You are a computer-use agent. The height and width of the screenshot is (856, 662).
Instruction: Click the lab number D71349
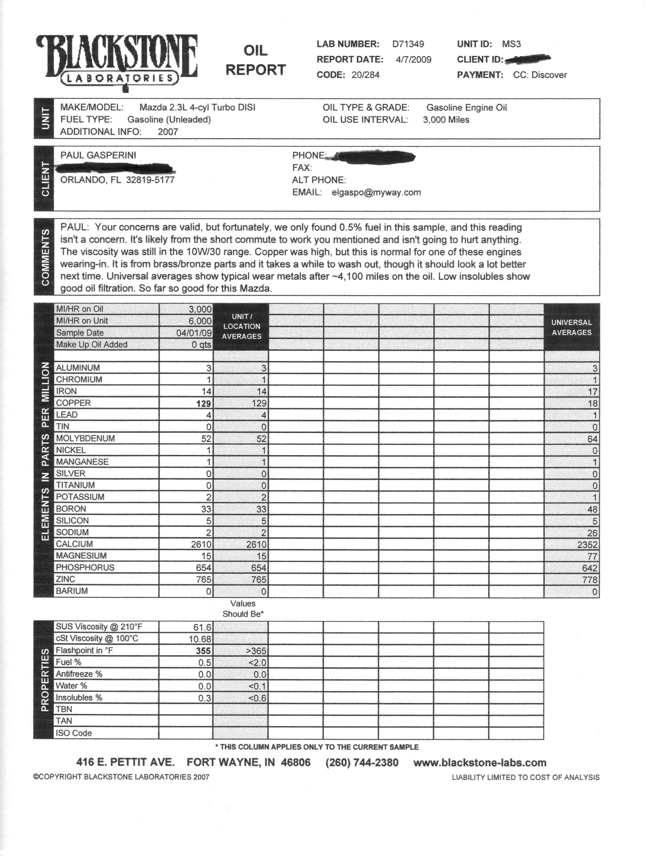(408, 44)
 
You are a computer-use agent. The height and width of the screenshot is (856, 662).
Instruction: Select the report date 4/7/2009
(413, 60)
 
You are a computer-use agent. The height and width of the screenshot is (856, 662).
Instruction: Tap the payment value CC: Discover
(540, 75)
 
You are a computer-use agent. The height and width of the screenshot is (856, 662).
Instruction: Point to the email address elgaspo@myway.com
(376, 192)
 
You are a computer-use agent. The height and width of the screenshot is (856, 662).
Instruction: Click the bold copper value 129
(204, 403)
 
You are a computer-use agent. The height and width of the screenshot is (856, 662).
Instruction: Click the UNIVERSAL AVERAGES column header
(571, 327)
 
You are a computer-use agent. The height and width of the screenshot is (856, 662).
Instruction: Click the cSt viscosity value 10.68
(200, 639)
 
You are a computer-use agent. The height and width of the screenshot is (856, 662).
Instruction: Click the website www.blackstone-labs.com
(480, 762)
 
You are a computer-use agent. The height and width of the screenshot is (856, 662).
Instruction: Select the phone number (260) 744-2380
(362, 762)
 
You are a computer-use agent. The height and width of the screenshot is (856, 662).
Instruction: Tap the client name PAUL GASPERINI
(98, 155)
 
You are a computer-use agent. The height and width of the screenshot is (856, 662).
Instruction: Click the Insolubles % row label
(78, 698)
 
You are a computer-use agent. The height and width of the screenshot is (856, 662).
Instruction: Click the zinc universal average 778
(590, 580)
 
